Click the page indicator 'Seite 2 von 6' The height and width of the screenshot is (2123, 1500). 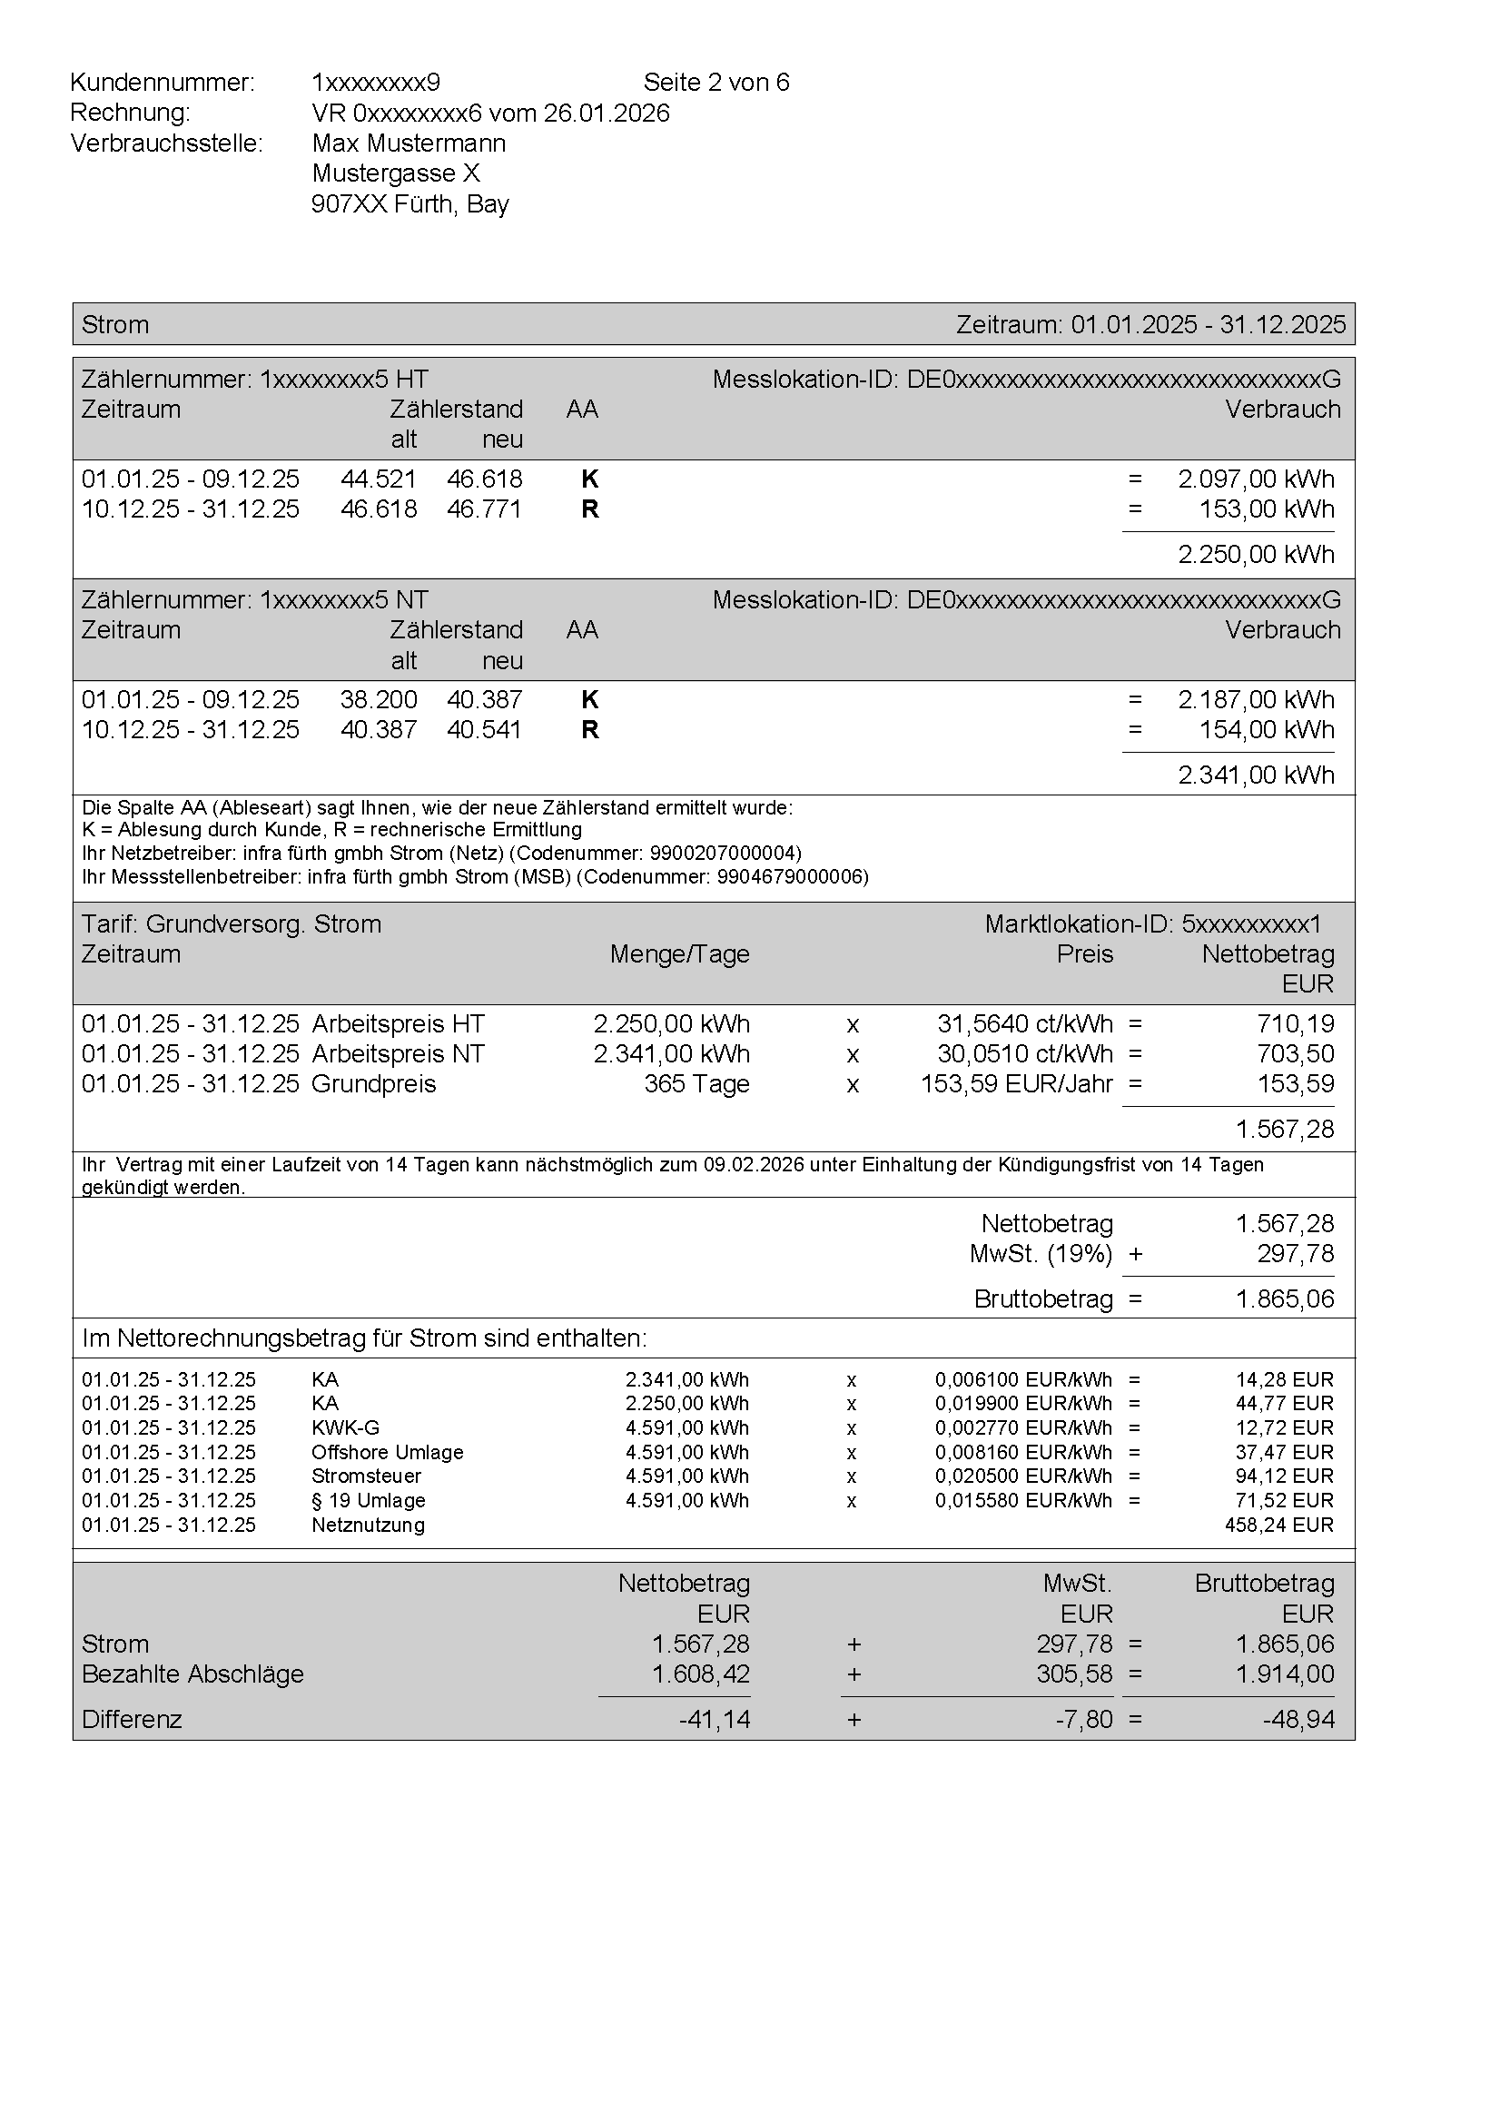click(x=715, y=83)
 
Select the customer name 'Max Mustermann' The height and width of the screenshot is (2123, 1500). click(x=409, y=143)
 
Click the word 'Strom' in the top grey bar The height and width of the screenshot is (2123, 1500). click(x=114, y=324)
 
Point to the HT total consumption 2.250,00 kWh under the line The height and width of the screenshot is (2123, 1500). click(x=1255, y=555)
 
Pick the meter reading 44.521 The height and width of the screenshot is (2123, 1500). click(x=379, y=479)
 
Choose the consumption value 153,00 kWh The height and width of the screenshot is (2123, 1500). click(x=1266, y=509)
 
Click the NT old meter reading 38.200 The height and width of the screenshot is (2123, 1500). click(x=379, y=700)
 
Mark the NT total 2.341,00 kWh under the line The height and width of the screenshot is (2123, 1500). click(x=1255, y=775)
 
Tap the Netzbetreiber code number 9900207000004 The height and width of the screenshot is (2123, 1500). click(x=725, y=853)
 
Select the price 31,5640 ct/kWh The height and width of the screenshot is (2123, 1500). click(x=1024, y=1024)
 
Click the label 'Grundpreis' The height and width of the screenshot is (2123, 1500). click(x=373, y=1083)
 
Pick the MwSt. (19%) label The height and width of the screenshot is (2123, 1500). click(x=1041, y=1254)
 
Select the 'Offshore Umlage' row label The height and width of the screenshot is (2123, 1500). click(x=388, y=1453)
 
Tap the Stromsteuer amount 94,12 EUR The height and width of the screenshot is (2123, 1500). click(x=1284, y=1476)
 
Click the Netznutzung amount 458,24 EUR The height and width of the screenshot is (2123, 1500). click(x=1278, y=1525)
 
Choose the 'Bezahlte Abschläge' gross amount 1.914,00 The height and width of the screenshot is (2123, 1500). click(x=1285, y=1674)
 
